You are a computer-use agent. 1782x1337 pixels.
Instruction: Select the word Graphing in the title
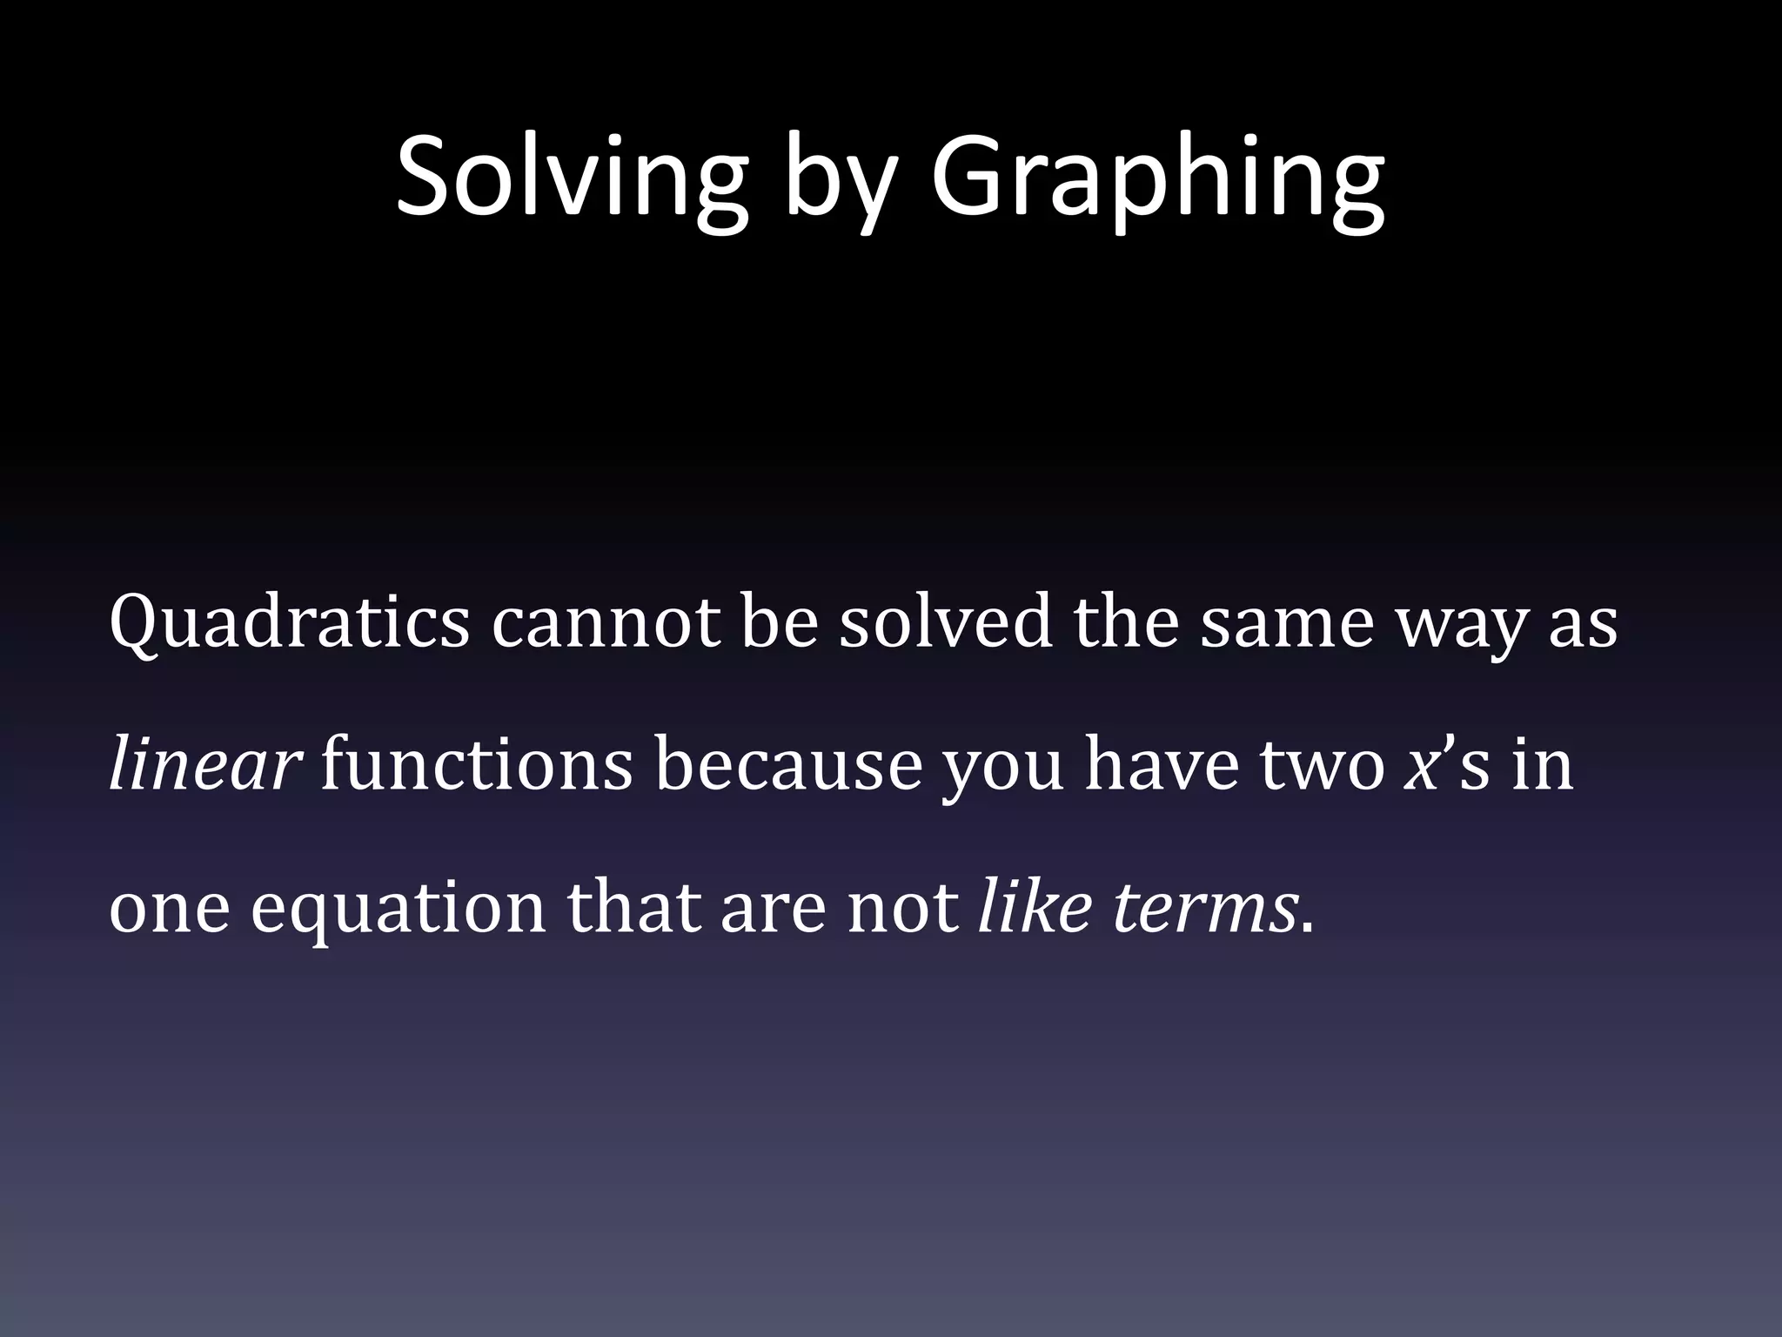click(1157, 183)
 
